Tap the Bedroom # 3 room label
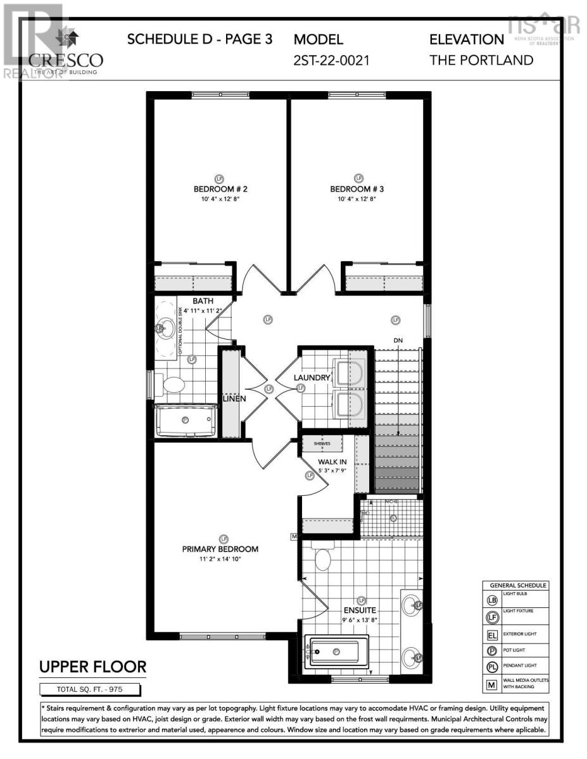(x=358, y=189)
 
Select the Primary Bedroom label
(x=220, y=549)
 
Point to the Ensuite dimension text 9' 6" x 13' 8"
(x=360, y=620)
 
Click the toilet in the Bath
(x=172, y=383)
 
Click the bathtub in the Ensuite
(x=336, y=651)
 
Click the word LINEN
(x=234, y=399)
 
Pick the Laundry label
(x=312, y=378)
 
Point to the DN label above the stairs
(x=398, y=341)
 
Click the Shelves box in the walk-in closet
(x=322, y=443)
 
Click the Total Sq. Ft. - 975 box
(x=92, y=689)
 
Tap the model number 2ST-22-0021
(x=331, y=61)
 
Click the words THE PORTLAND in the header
(x=481, y=61)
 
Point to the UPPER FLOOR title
(x=93, y=667)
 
